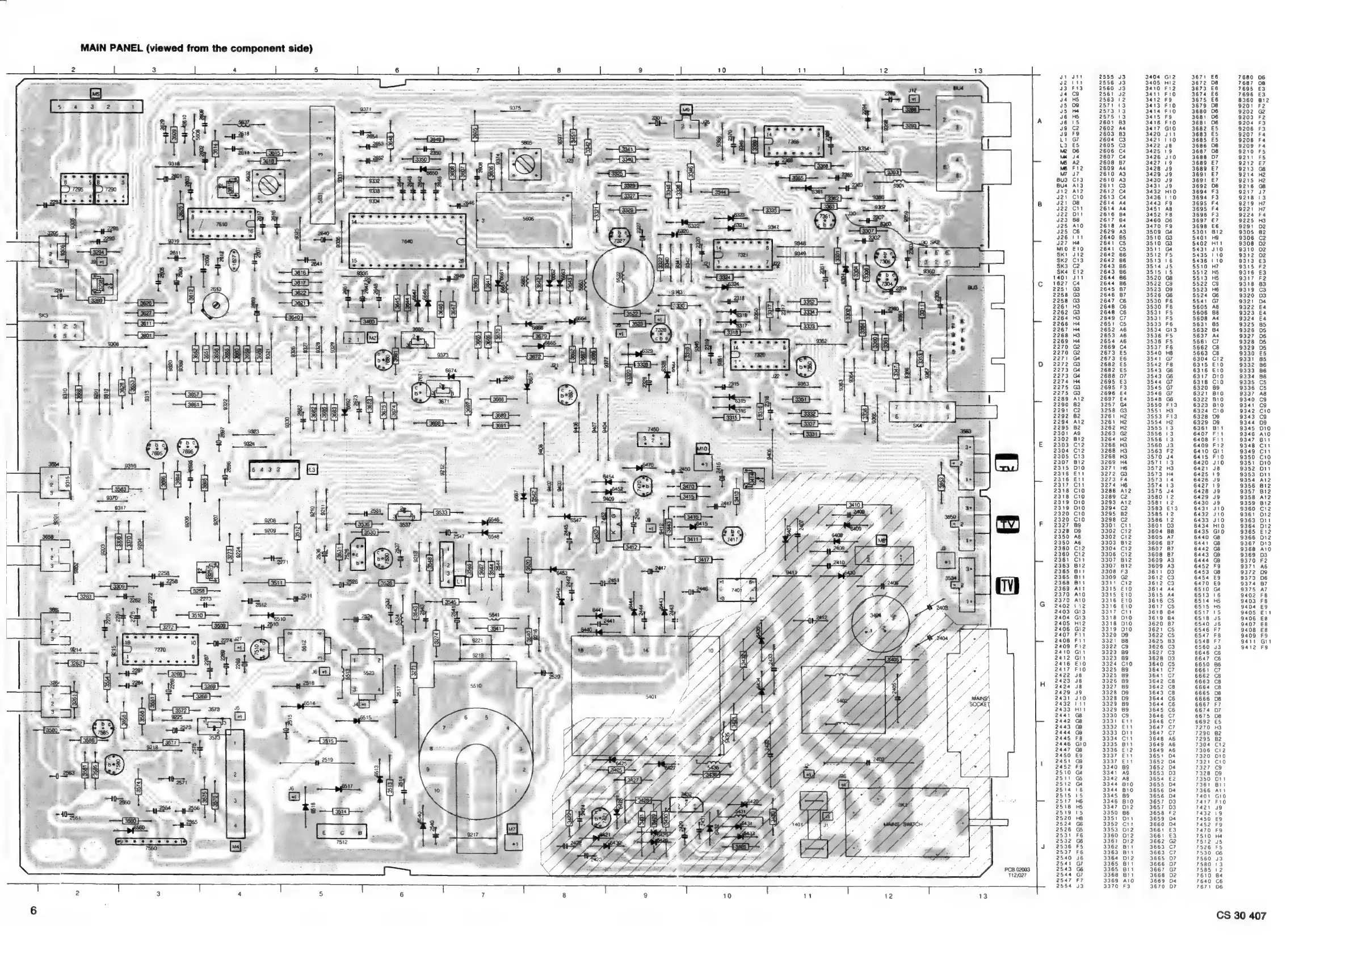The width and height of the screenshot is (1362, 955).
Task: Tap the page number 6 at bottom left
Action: pyautogui.click(x=34, y=911)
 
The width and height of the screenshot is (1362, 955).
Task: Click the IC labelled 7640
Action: pyautogui.click(x=407, y=241)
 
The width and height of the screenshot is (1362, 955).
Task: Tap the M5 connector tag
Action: pyautogui.click(x=96, y=94)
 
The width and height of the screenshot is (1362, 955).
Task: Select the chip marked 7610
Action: pyautogui.click(x=221, y=225)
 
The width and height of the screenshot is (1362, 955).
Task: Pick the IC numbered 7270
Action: pyautogui.click(x=160, y=650)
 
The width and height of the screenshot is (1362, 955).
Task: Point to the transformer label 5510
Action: pyautogui.click(x=476, y=685)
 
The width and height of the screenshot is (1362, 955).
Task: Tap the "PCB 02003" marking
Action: pyautogui.click(x=1017, y=869)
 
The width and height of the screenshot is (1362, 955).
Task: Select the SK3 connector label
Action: pyautogui.click(x=42, y=317)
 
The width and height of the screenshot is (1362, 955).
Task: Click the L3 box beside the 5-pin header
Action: pyautogui.click(x=313, y=470)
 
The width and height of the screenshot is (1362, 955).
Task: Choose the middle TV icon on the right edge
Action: pyautogui.click(x=1007, y=524)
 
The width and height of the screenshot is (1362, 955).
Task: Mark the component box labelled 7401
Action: pyautogui.click(x=736, y=590)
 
